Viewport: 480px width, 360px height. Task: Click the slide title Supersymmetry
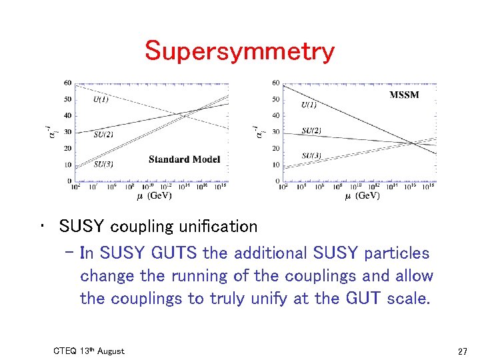pyautogui.click(x=239, y=51)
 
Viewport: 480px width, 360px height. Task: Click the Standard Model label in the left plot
pyautogui.click(x=184, y=159)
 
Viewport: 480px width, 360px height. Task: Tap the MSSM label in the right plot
pyautogui.click(x=404, y=95)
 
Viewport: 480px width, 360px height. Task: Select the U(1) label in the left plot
pyautogui.click(x=101, y=99)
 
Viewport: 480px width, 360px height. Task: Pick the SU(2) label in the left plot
pyautogui.click(x=103, y=135)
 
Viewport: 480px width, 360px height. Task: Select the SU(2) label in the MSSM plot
pyautogui.click(x=311, y=131)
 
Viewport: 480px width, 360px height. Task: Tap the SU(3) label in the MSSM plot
pyautogui.click(x=311, y=156)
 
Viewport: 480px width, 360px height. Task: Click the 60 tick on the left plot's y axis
pyautogui.click(x=68, y=83)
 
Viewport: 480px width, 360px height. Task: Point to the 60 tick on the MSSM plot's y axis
pyautogui.click(x=276, y=83)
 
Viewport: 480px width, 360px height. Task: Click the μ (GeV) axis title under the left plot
pyautogui.click(x=154, y=196)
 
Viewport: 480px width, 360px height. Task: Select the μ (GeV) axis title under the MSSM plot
pyautogui.click(x=363, y=196)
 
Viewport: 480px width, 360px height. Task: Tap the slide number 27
pyautogui.click(x=463, y=351)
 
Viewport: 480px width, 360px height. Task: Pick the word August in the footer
pyautogui.click(x=110, y=351)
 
